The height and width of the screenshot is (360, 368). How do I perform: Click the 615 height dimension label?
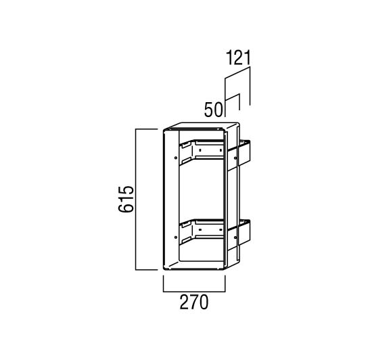click(126, 199)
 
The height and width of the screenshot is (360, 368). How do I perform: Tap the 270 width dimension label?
click(194, 302)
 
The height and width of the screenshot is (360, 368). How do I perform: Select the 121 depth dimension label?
click(238, 58)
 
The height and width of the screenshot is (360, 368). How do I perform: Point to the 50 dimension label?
click(213, 110)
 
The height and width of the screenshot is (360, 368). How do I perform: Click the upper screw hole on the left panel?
click(176, 158)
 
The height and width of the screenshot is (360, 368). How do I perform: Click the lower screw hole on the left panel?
click(176, 238)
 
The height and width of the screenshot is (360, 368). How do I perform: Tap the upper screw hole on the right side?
click(235, 158)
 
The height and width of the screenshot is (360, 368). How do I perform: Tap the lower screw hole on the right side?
click(235, 238)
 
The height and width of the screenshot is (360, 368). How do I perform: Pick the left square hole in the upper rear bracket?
click(200, 150)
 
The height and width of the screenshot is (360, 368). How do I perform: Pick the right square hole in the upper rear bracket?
click(221, 150)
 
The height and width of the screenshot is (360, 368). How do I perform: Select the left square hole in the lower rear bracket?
click(200, 229)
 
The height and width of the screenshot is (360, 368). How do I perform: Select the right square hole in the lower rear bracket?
click(221, 229)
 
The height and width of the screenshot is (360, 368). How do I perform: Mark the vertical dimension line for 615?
click(136, 200)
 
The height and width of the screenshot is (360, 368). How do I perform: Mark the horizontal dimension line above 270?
click(194, 292)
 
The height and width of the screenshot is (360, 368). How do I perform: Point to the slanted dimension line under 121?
click(237, 72)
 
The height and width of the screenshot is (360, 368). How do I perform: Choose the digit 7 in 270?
click(194, 302)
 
